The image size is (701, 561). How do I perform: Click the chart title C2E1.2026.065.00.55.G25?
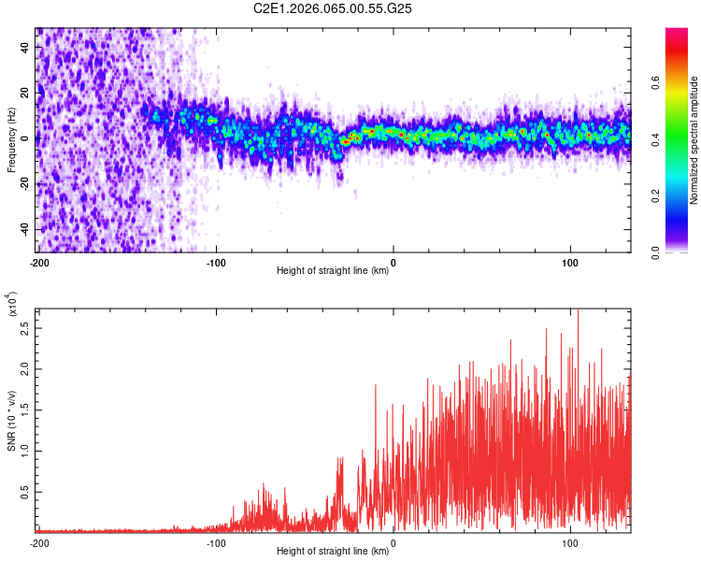(334, 8)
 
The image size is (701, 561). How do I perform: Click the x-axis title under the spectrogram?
(333, 271)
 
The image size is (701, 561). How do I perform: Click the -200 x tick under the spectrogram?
(39, 262)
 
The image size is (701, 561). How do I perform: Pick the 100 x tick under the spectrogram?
(570, 262)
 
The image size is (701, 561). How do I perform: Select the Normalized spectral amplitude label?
(694, 140)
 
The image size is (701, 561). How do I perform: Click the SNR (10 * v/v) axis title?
(11, 421)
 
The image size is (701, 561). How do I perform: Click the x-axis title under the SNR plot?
(333, 552)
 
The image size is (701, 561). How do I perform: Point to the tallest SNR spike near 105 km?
(578, 311)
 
